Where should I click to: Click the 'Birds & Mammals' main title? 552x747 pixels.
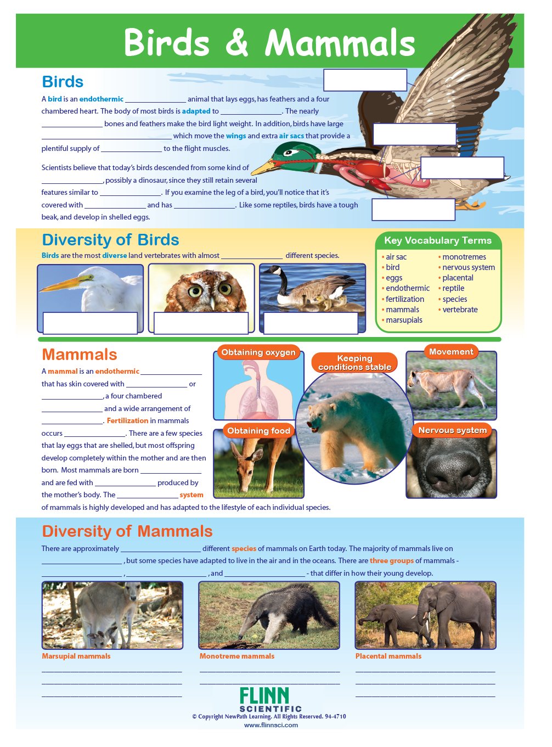point(269,43)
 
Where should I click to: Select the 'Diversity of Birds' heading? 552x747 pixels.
point(110,240)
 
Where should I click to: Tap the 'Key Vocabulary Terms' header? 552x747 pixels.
point(437,240)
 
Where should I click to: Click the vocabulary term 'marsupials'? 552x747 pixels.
point(404,320)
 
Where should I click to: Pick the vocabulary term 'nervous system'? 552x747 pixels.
point(468,267)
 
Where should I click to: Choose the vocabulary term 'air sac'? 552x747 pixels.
point(396,257)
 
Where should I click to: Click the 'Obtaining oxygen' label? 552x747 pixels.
point(258,352)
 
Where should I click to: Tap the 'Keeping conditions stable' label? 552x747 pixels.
point(354,363)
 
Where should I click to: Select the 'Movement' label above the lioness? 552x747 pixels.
point(450,352)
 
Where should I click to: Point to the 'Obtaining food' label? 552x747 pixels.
point(258,431)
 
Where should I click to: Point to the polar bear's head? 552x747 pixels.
point(323,416)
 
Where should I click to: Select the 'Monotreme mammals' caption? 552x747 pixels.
point(236,656)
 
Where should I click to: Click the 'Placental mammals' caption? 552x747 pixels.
point(388,656)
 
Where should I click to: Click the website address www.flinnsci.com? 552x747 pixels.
point(271,725)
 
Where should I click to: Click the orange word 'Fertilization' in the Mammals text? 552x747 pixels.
point(127,421)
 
